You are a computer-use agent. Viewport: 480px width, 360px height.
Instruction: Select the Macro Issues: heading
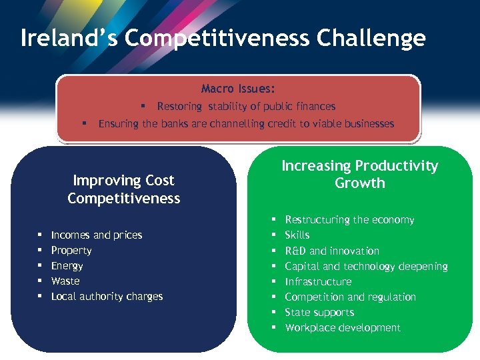coord(238,89)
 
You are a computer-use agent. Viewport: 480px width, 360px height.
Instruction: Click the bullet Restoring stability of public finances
coord(246,106)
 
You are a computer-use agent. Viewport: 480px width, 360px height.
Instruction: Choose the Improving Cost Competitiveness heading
coord(123,189)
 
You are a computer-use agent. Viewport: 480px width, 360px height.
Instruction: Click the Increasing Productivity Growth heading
coord(360,175)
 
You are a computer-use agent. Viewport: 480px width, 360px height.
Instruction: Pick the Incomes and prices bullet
coord(97,235)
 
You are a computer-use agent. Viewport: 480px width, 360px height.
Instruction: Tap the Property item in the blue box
coord(71,251)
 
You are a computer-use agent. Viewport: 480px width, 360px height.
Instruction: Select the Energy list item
coord(67,266)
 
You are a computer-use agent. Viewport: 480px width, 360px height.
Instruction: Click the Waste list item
coord(65,281)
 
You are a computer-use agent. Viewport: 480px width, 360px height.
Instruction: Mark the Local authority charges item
coord(107,297)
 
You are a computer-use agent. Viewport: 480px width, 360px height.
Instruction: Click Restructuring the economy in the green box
coord(349,220)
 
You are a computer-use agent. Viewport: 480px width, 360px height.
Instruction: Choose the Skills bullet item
coord(297,235)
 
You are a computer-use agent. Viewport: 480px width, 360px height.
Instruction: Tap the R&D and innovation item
coord(332,251)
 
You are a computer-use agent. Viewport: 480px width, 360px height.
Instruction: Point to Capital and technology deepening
coord(366,266)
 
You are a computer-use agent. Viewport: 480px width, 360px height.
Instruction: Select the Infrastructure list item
coord(318,281)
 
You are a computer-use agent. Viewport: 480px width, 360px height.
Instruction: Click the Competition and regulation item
coord(350,297)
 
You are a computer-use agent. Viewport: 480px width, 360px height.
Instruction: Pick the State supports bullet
coord(319,312)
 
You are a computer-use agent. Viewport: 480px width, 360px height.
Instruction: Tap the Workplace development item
coord(343,327)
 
